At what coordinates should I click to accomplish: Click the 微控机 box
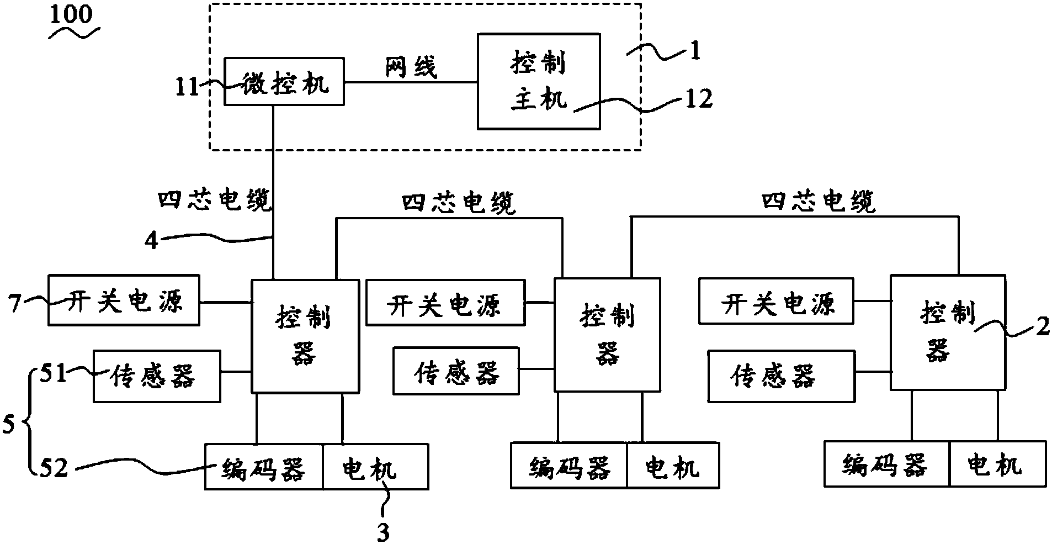(284, 81)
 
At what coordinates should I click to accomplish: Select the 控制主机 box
(539, 81)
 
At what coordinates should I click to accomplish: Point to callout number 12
(698, 99)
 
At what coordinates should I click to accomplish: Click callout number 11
(187, 87)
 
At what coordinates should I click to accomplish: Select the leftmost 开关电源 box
(124, 299)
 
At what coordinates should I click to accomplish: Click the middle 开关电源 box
(445, 302)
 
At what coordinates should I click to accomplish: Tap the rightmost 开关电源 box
(775, 301)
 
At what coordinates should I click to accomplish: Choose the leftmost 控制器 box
(305, 336)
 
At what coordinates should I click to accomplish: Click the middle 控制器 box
(607, 335)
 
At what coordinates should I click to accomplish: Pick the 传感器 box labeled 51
(157, 376)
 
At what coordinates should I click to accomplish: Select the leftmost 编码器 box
(264, 467)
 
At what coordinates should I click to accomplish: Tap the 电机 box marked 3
(375, 467)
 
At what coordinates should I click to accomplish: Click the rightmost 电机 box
(997, 463)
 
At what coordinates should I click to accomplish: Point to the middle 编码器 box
(569, 464)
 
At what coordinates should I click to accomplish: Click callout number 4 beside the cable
(152, 241)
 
